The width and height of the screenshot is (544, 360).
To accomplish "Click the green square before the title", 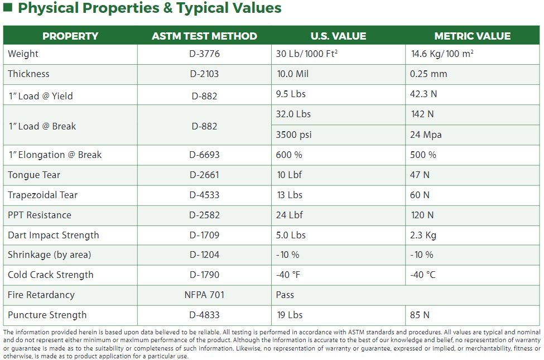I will pos(7,8).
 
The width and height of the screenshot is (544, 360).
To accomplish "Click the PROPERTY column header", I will pos(70,36).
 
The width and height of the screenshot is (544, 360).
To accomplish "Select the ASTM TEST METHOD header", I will pos(204,36).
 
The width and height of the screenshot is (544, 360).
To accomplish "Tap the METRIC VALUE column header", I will pos(472,36).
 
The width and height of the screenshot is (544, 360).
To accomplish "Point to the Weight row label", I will pos(23,54).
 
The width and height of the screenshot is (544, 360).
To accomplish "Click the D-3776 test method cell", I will pos(204,54).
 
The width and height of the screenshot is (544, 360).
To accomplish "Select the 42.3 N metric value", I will pos(423,94).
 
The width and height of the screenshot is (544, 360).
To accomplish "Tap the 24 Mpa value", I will pos(426,135).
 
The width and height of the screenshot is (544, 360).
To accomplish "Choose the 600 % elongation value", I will pos(289,155).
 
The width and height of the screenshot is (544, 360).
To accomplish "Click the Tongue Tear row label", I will pos(34,175).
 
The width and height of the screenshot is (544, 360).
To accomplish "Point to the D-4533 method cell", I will pos(204,195).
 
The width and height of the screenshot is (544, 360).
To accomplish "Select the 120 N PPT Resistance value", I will pos(422,215).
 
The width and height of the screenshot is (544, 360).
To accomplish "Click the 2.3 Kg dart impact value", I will pos(423,236).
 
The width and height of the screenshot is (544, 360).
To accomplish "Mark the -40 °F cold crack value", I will pos(288,275).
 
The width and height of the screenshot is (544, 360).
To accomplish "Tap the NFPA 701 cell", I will pos(204,295).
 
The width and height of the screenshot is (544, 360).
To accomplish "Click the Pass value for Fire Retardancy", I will pos(285,295).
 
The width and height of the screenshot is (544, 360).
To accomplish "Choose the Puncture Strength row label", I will pos(47,315).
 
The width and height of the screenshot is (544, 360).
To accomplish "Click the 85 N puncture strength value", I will pos(420,315).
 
